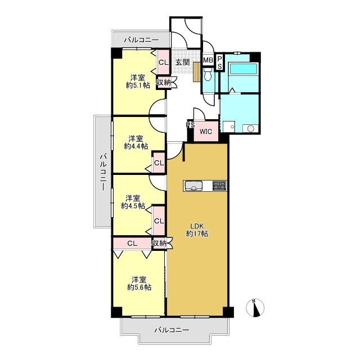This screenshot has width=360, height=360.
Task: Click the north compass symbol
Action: coord(255,308)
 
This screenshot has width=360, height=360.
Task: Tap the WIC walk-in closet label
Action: coord(206,132)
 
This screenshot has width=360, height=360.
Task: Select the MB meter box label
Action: coord(208,60)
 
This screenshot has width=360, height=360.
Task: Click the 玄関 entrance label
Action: coord(182,62)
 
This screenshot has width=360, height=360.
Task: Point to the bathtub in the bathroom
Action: coord(244,69)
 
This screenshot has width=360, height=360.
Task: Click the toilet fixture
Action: coord(208,74)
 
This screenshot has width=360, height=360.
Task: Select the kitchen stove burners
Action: coord(219,186)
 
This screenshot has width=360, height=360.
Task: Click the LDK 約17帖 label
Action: coord(197,229)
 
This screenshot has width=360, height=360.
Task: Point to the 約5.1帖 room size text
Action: coord(138,85)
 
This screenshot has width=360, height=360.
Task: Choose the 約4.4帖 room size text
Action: coord(136,146)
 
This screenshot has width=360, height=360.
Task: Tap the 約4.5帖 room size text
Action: coord(133,206)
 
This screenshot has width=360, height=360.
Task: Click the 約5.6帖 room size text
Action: coord(139,287)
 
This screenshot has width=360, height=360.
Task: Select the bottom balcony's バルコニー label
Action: coord(172,330)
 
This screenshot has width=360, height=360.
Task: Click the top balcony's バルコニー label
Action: coord(141,40)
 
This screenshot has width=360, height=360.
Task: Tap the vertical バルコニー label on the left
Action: coord(103,173)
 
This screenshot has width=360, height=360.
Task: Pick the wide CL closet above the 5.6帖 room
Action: coord(132,244)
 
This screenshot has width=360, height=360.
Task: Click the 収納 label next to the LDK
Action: coord(159,243)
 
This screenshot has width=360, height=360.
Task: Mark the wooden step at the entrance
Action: coord(197,71)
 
